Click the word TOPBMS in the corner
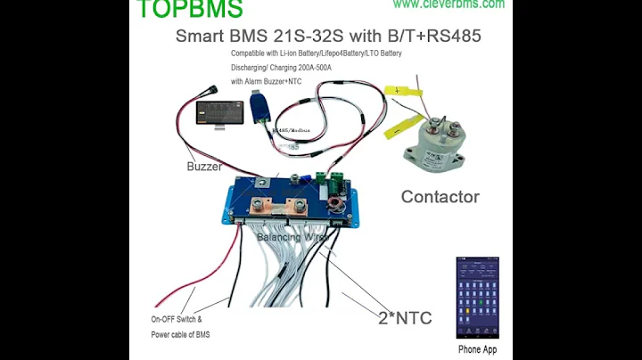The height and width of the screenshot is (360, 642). [x=190, y=9]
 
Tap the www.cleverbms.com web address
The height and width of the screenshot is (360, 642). [x=449, y=4]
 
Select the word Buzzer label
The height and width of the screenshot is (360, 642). [x=204, y=167]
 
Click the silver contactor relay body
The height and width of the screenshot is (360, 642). [x=438, y=143]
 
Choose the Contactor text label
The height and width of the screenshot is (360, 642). [x=440, y=197]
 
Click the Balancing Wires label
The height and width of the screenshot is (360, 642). [x=292, y=238]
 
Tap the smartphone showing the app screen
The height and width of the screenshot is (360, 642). [x=477, y=299]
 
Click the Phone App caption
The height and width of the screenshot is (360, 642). [x=477, y=349]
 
